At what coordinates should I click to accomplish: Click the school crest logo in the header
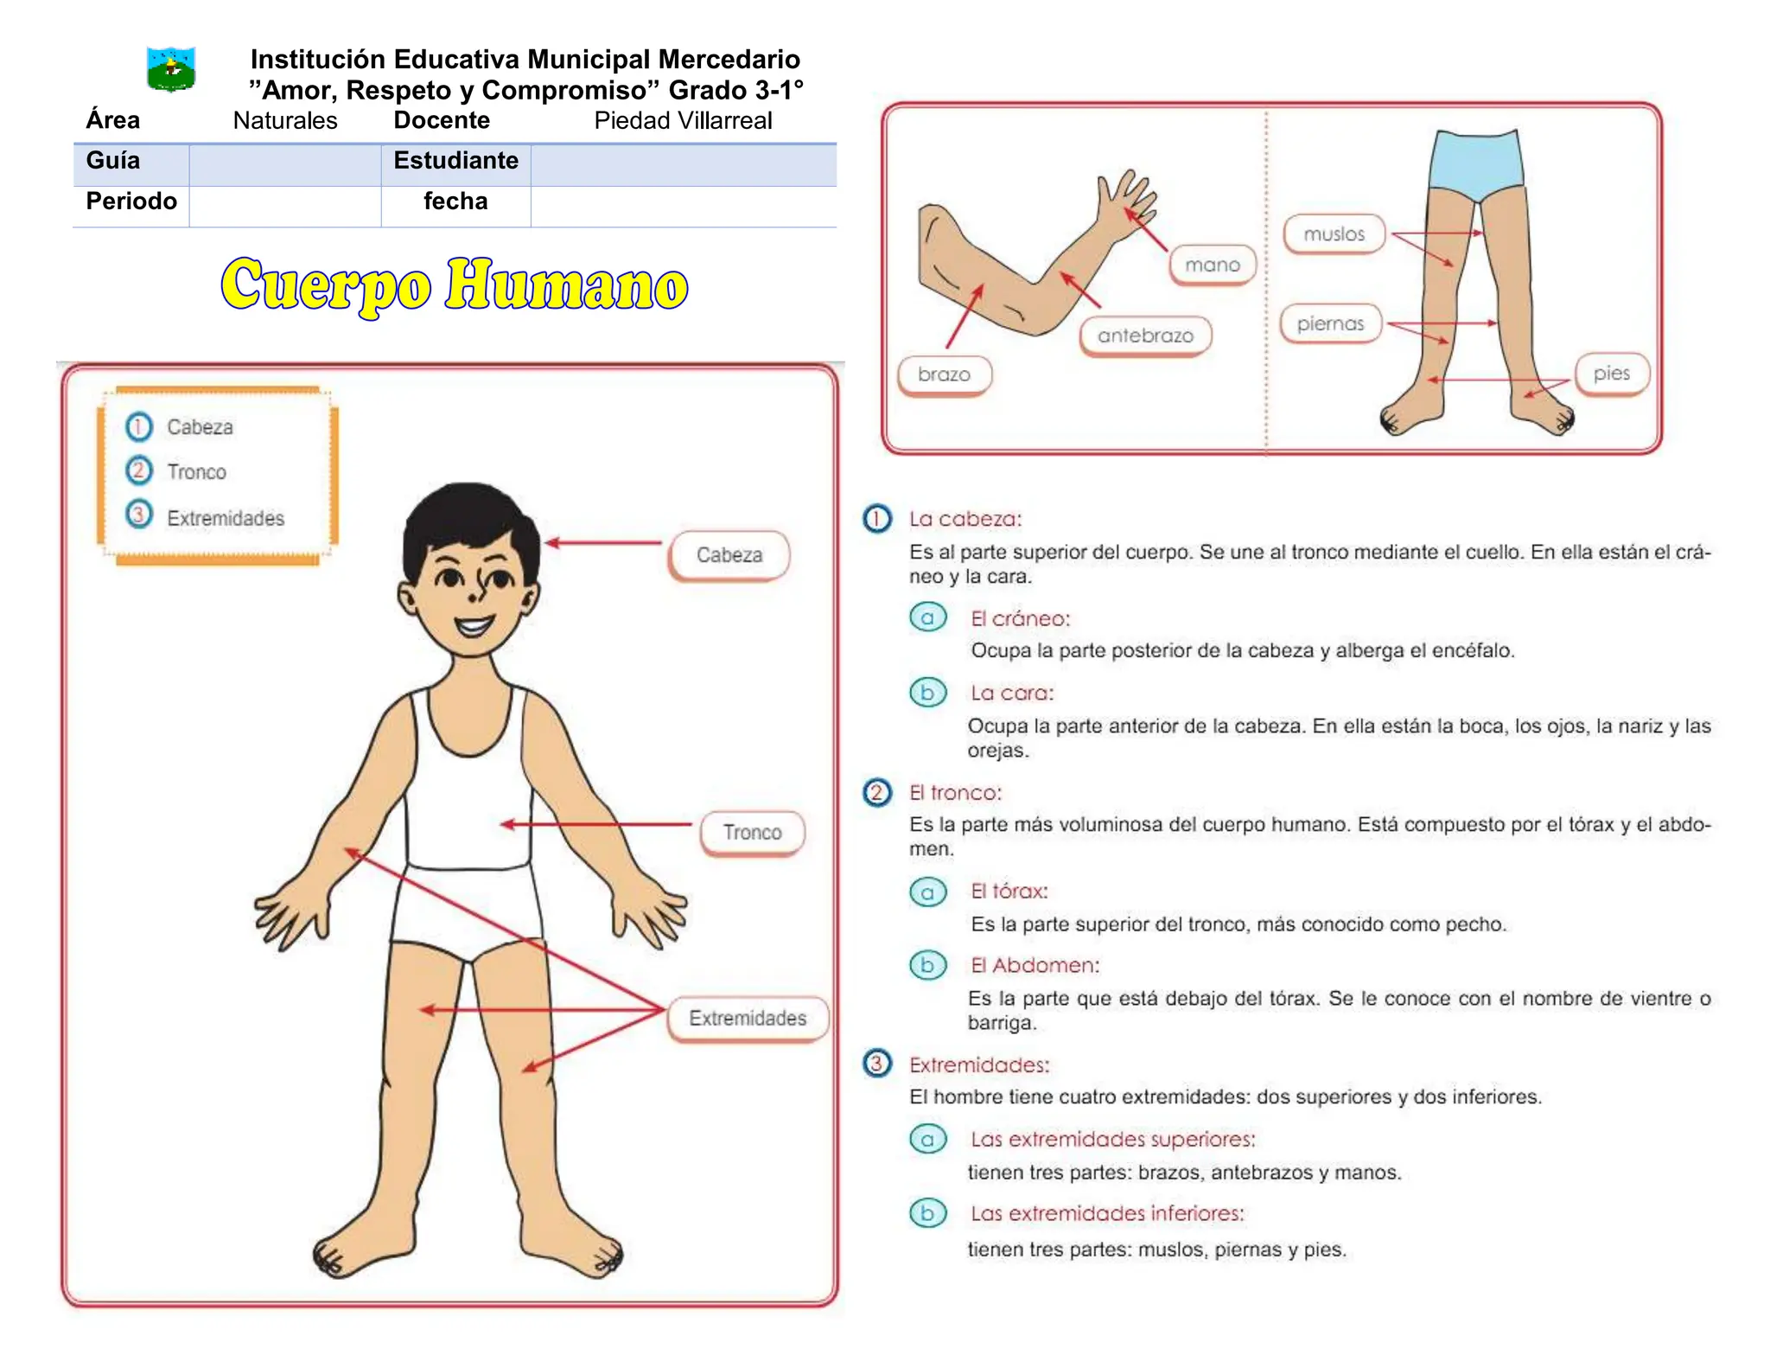pyautogui.click(x=171, y=69)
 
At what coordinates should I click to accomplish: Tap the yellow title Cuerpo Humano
pyautogui.click(x=455, y=285)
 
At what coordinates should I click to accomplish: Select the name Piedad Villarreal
pyautogui.click(x=683, y=120)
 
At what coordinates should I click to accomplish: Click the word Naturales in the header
pyautogui.click(x=285, y=120)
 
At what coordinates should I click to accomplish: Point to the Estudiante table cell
pyautogui.click(x=455, y=161)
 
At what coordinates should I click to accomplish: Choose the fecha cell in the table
pyautogui.click(x=455, y=201)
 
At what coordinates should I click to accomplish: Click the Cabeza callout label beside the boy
pyautogui.click(x=729, y=555)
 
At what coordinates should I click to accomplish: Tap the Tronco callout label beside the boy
pyautogui.click(x=752, y=833)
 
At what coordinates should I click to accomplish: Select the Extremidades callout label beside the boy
pyautogui.click(x=748, y=1019)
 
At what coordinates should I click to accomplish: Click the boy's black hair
pyautogui.click(x=469, y=524)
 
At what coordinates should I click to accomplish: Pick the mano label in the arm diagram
pyautogui.click(x=1212, y=265)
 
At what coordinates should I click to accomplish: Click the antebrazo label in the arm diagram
pyautogui.click(x=1145, y=336)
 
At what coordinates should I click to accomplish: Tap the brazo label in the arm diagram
pyautogui.click(x=944, y=374)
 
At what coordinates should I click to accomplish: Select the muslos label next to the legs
pyautogui.click(x=1334, y=234)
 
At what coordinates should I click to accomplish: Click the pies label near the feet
pyautogui.click(x=1612, y=374)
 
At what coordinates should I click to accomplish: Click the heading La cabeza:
pyautogui.click(x=965, y=519)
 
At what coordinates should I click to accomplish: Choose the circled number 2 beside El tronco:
pyautogui.click(x=876, y=792)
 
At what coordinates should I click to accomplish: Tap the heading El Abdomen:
pyautogui.click(x=1035, y=966)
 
